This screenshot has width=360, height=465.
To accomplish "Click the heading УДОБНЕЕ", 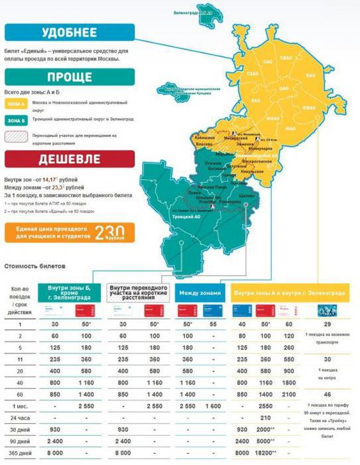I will pyautogui.click(x=69, y=33).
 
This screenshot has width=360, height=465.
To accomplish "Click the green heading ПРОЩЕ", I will pyautogui.click(x=69, y=77).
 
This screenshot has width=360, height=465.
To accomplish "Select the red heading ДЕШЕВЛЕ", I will pyautogui.click(x=69, y=159).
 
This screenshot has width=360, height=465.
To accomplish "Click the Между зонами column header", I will pyautogui.click(x=198, y=293).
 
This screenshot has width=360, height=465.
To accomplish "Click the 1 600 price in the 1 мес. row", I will pyautogui.click(x=214, y=405).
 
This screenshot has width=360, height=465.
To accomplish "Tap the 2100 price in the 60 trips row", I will pyautogui.click(x=288, y=394).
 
